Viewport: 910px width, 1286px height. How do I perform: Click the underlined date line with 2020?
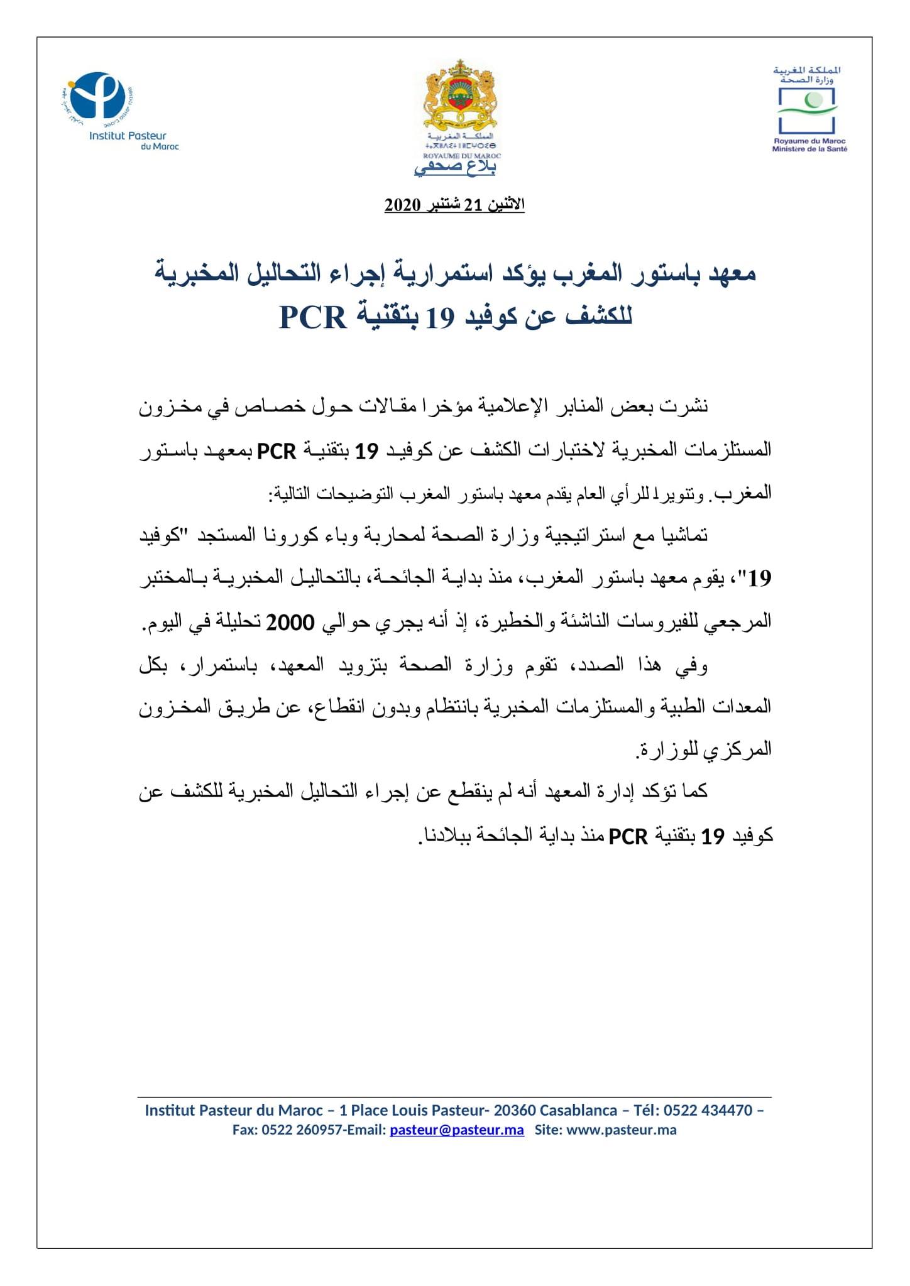coord(454,205)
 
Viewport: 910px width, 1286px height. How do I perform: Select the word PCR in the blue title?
coord(313,317)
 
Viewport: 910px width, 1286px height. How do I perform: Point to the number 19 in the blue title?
coord(439,318)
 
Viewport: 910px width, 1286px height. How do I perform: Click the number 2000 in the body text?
coord(290,623)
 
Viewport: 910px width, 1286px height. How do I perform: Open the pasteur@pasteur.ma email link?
coord(456,1130)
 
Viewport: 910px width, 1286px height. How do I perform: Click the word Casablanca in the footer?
coord(578,1110)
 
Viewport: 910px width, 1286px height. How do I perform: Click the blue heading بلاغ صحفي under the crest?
coord(455,167)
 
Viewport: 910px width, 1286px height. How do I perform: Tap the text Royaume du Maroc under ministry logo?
coord(809,141)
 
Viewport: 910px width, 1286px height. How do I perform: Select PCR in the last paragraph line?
coord(628,837)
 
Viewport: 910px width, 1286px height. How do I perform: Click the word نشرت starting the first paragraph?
coord(688,406)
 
